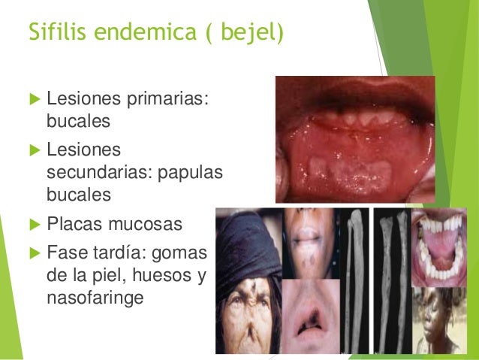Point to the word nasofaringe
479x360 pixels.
pyautogui.click(x=95, y=298)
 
